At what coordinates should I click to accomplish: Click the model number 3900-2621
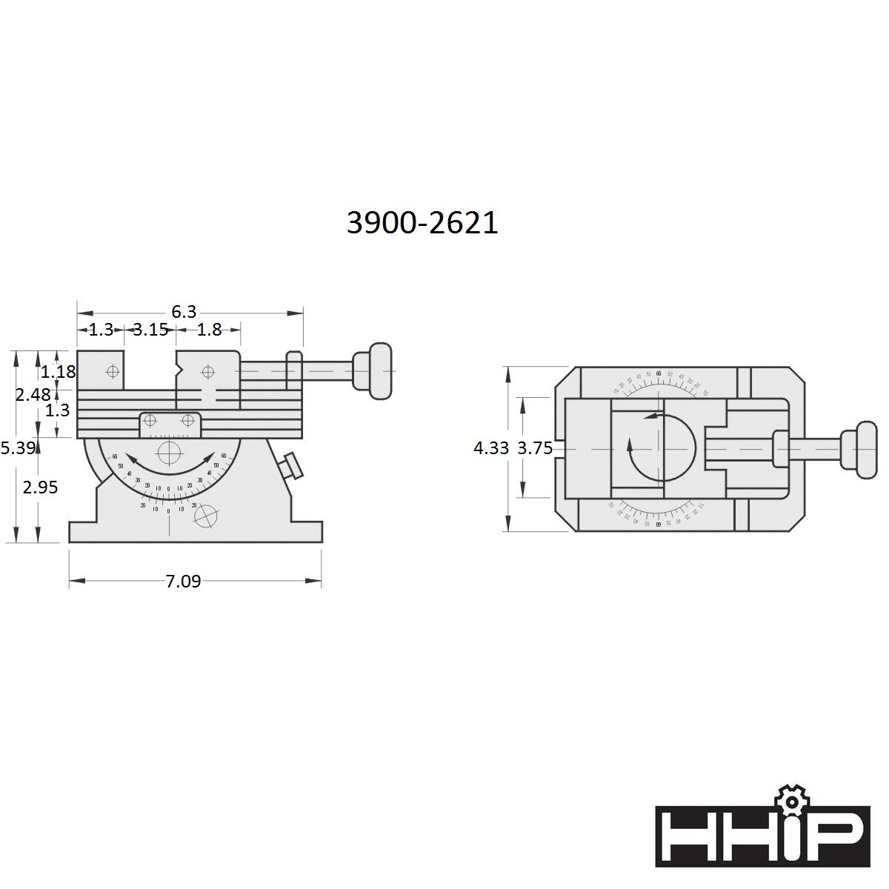point(422,222)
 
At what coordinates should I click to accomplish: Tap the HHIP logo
point(762,836)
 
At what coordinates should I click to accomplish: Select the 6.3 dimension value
point(184,312)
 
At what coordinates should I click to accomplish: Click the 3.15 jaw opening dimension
point(150,330)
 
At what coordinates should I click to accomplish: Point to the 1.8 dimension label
point(210,330)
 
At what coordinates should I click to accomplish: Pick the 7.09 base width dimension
point(183,582)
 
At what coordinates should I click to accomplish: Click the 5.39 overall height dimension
point(16,447)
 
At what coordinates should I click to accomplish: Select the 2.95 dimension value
point(40,487)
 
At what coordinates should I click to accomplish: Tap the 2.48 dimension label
point(33,395)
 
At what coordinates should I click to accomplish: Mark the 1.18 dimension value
point(59,371)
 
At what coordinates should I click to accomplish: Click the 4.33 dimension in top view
point(491,448)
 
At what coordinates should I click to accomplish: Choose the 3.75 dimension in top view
point(535,448)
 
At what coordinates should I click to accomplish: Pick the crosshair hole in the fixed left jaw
point(112,370)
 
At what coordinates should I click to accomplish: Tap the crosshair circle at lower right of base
point(209,515)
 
